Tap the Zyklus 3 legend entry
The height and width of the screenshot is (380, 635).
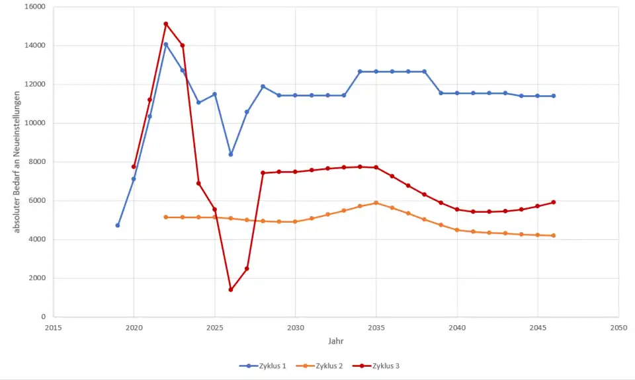[x=385, y=365]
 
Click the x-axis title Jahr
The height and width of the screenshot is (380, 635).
[x=335, y=341]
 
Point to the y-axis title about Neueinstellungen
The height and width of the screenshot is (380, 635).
[x=18, y=162]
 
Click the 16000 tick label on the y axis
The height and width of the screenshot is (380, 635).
[x=33, y=7]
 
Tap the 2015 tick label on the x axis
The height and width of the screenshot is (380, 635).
[x=53, y=327]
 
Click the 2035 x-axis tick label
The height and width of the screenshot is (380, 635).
[x=376, y=327]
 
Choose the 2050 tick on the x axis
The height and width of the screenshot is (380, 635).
[x=618, y=327]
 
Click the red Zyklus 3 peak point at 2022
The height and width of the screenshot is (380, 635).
[x=166, y=24]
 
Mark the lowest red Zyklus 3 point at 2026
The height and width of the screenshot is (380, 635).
[x=231, y=289]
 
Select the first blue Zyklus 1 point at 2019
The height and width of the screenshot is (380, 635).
[x=118, y=225]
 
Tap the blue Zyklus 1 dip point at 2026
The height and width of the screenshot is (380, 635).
[x=231, y=154]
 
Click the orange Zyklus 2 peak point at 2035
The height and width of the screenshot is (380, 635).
[x=376, y=203]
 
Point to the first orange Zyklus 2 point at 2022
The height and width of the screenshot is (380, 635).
[x=166, y=217]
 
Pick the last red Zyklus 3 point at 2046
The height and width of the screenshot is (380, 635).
[x=554, y=202]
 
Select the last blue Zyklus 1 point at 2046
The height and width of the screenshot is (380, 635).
[x=554, y=96]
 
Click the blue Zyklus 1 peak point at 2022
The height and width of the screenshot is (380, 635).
[x=166, y=44]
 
